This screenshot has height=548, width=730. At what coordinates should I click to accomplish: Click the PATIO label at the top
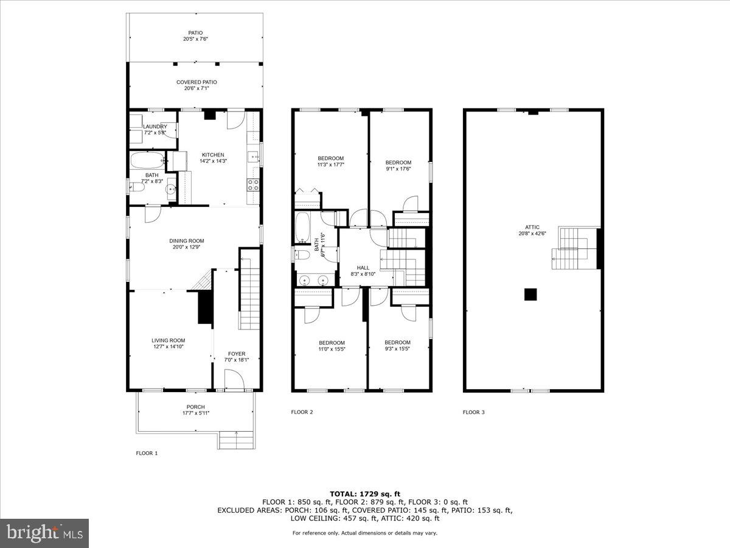(x=195, y=33)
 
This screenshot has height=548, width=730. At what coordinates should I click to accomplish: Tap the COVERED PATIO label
(x=196, y=82)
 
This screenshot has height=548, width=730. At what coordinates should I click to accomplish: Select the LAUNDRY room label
(x=155, y=127)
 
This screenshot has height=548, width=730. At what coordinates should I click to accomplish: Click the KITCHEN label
(x=213, y=155)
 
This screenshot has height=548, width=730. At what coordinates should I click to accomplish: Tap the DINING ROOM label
(x=187, y=241)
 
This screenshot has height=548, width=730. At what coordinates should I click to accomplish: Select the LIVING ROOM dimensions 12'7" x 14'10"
(x=169, y=347)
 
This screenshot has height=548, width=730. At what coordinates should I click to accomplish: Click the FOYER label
(x=237, y=354)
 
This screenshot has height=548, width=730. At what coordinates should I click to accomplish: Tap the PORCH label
(x=195, y=407)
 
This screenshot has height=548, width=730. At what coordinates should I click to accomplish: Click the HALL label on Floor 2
(x=363, y=268)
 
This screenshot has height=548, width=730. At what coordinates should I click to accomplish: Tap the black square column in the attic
(x=531, y=294)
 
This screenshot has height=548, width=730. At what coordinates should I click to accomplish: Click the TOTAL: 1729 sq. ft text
(x=364, y=494)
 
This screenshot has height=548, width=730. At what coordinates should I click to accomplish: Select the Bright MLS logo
(x=44, y=533)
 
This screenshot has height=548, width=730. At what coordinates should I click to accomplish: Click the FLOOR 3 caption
(x=473, y=412)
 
